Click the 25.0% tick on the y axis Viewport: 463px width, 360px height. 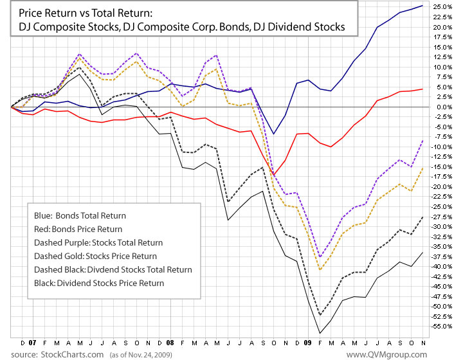[441, 6]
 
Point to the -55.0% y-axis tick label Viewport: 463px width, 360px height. [440, 327]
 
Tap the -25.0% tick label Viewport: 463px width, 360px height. [440, 206]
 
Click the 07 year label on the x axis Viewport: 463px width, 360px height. [33, 343]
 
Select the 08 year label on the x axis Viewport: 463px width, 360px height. [170, 343]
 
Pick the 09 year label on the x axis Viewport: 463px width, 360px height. [309, 343]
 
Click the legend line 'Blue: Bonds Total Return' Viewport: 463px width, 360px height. [79, 216]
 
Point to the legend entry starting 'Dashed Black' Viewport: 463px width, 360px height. [106, 269]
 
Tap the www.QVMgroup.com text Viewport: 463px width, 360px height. [386, 354]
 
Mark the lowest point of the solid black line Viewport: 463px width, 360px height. [320, 333]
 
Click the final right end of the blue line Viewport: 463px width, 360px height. [422, 6]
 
